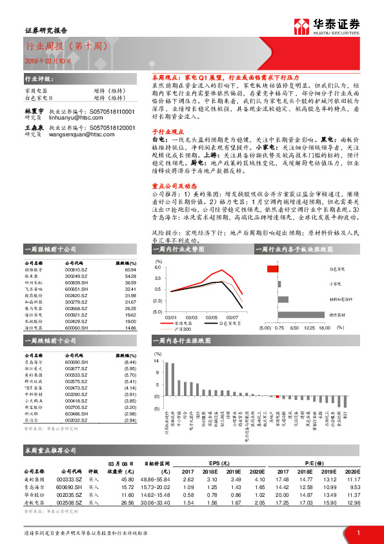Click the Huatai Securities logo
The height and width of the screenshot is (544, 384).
[x=326, y=26]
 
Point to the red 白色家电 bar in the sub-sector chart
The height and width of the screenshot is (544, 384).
[x=273, y=268]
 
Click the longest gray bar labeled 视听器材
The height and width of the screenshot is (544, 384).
[x=300, y=315]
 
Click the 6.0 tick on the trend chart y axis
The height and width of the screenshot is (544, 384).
[x=157, y=267]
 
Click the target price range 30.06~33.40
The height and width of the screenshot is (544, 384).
[x=154, y=501]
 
